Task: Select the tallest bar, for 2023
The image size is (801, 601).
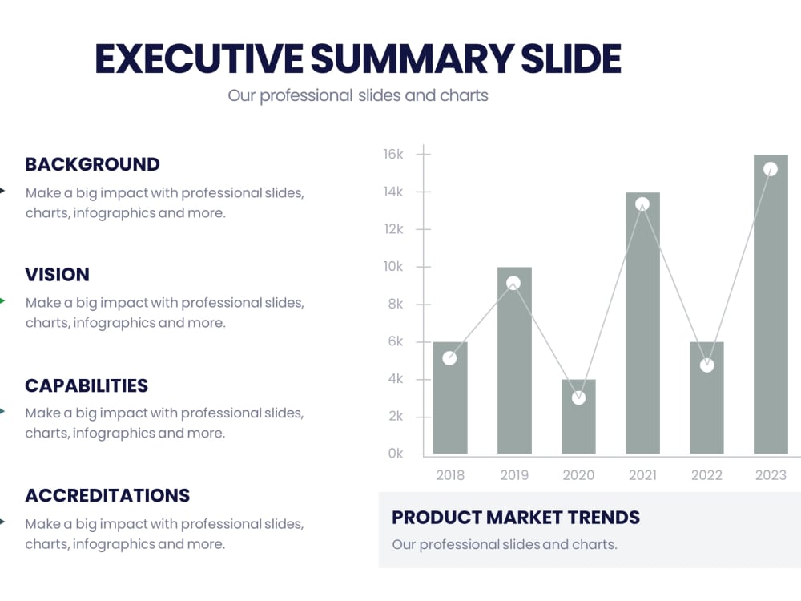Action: (771, 321)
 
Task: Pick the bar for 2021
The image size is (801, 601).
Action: (642, 337)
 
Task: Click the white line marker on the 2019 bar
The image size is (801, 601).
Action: (513, 283)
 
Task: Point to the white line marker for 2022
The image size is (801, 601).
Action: (706, 365)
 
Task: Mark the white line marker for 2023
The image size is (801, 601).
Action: (771, 169)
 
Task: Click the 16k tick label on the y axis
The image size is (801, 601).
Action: (392, 155)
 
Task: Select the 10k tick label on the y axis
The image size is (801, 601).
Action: (392, 267)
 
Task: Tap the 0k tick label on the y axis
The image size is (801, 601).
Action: (394, 454)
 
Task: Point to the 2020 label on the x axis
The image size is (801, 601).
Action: (578, 475)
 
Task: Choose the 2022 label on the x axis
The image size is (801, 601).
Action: (706, 475)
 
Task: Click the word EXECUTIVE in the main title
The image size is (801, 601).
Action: (199, 59)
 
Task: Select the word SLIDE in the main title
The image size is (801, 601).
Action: (571, 59)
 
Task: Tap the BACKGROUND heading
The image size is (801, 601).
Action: (92, 164)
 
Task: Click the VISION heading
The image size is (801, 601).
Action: (57, 275)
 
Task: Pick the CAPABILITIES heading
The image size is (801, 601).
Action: (87, 385)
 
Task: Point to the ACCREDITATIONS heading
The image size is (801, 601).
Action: (107, 495)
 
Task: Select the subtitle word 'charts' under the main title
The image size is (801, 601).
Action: (464, 95)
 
